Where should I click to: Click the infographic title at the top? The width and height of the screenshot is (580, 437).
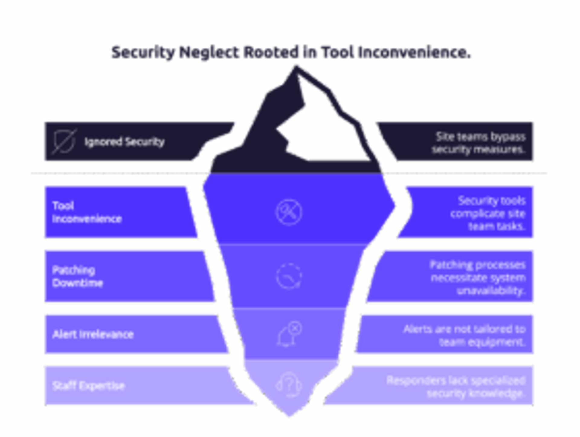(291, 52)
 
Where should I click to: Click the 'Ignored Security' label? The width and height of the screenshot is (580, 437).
(124, 142)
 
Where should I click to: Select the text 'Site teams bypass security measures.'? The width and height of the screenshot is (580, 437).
(479, 143)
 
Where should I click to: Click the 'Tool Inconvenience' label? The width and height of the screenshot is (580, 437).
(87, 212)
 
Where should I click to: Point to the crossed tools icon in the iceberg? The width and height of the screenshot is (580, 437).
(289, 212)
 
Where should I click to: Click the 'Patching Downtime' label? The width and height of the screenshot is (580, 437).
(77, 276)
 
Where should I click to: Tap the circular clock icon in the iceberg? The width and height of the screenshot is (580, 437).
(289, 276)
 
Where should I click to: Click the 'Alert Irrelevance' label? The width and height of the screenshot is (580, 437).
(93, 335)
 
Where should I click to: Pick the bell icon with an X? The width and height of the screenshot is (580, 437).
(289, 334)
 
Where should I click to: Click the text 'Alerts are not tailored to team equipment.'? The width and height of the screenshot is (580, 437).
(465, 335)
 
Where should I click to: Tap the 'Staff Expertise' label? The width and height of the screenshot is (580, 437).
(88, 386)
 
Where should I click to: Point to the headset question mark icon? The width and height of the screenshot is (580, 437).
(289, 385)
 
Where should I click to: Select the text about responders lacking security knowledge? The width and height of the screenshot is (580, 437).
(456, 387)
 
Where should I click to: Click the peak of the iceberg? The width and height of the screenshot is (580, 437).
(295, 66)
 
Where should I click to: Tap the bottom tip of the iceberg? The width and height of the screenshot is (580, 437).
(289, 417)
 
